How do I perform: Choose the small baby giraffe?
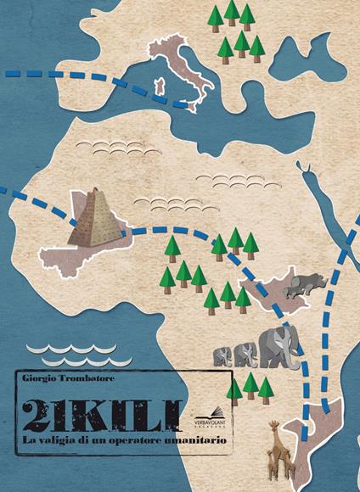[270, 462]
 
